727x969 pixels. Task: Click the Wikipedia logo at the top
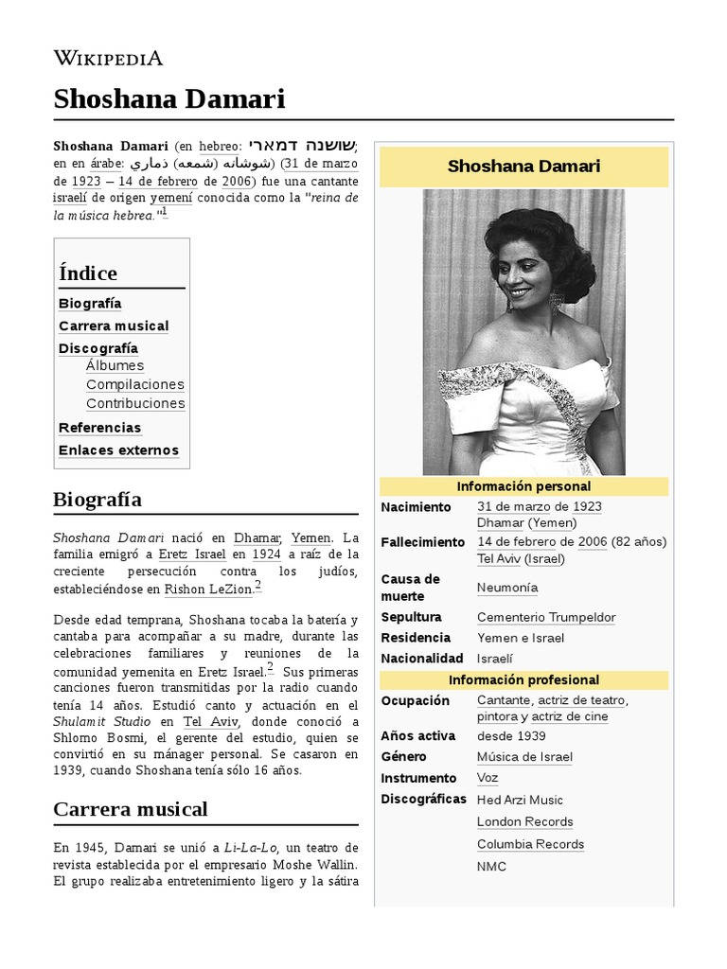pyautogui.click(x=108, y=59)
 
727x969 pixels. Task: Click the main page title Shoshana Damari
pyautogui.click(x=168, y=98)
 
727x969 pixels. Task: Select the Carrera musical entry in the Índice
pyautogui.click(x=114, y=326)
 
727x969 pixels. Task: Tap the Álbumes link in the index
pyautogui.click(x=115, y=365)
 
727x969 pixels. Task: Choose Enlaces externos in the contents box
pyautogui.click(x=118, y=450)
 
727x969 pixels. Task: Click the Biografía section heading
pyautogui.click(x=98, y=499)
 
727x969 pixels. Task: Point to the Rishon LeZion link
pyautogui.click(x=208, y=590)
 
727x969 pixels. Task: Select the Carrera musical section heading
pyautogui.click(x=131, y=809)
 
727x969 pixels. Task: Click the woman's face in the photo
pyautogui.click(x=526, y=270)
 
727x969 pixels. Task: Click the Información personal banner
pyautogui.click(x=523, y=486)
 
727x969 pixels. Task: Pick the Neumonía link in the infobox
pyautogui.click(x=507, y=588)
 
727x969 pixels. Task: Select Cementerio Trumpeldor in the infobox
pyautogui.click(x=546, y=617)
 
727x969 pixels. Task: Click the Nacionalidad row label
pyautogui.click(x=422, y=659)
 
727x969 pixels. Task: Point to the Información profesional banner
pyautogui.click(x=523, y=680)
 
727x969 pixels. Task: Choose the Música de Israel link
pyautogui.click(x=524, y=757)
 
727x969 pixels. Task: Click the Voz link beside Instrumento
pyautogui.click(x=488, y=778)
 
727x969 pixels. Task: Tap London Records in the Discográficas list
pyautogui.click(x=524, y=821)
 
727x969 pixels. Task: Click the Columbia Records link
pyautogui.click(x=530, y=844)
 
